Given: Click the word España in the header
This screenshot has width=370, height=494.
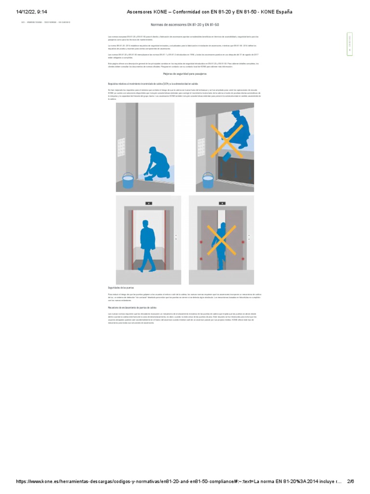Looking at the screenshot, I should pos(282,12).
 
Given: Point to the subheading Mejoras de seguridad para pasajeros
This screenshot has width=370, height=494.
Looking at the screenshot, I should pos(185,74).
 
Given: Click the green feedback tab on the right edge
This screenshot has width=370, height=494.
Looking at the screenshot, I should pos(349,44).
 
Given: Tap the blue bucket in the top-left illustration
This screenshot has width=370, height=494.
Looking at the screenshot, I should pos(128,181).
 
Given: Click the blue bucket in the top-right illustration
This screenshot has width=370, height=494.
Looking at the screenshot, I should pos(208,180).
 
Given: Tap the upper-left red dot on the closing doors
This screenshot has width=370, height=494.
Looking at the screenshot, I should pos(202,225).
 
